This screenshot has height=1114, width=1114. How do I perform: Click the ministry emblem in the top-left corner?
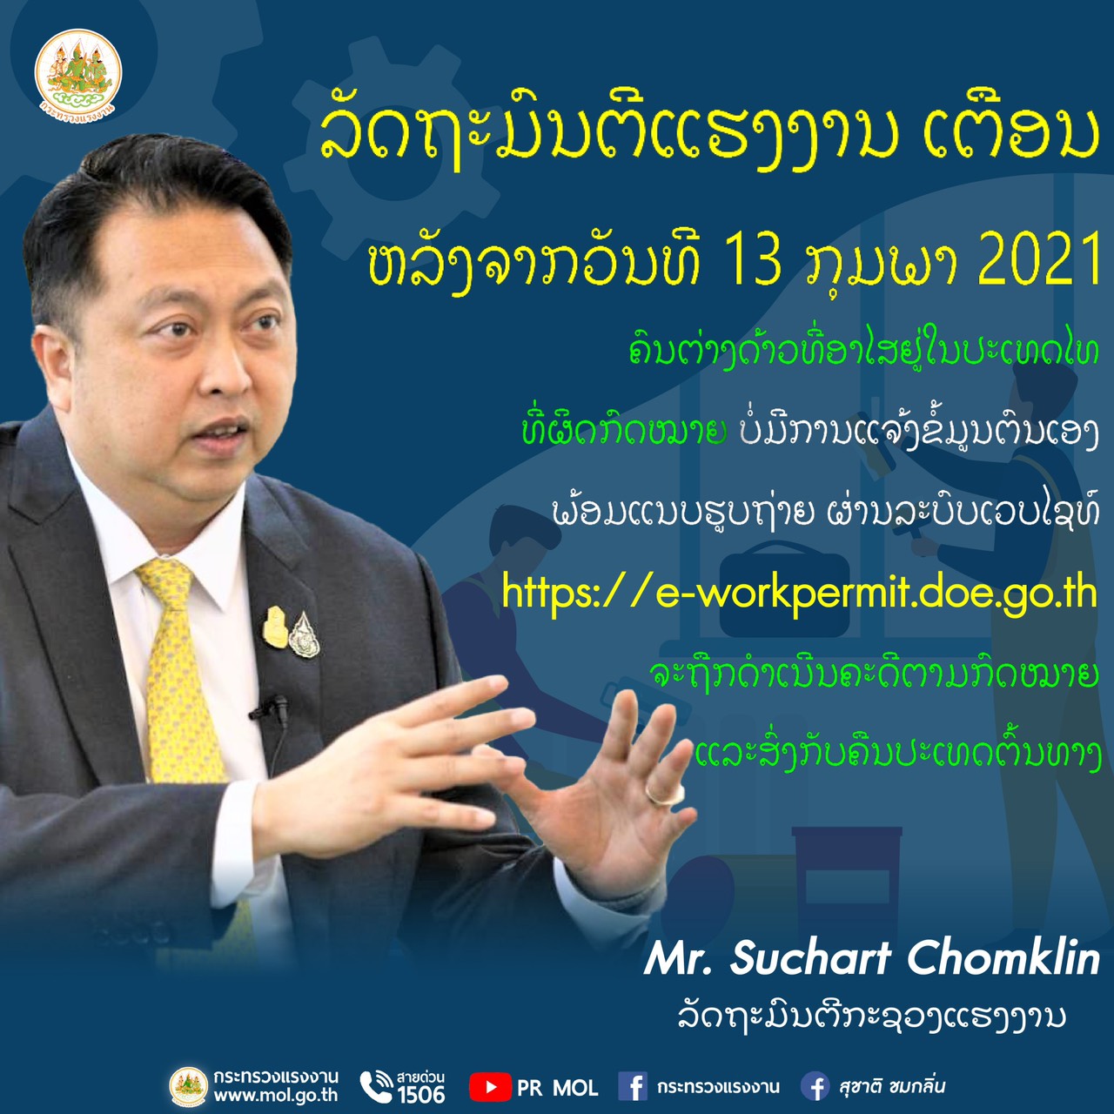(x=78, y=72)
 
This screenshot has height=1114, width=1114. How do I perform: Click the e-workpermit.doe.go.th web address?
(x=800, y=593)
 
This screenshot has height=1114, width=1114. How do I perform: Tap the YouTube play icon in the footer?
(x=490, y=1087)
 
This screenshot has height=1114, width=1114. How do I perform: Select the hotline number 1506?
(x=421, y=1094)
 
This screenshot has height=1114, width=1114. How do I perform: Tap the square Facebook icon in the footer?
(x=633, y=1087)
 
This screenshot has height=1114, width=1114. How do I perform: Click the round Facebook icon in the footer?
(x=815, y=1087)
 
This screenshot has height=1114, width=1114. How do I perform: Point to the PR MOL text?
(x=557, y=1089)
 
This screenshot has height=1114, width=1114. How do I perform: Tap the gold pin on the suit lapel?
(x=275, y=627)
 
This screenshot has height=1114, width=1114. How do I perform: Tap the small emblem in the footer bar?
(x=189, y=1087)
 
